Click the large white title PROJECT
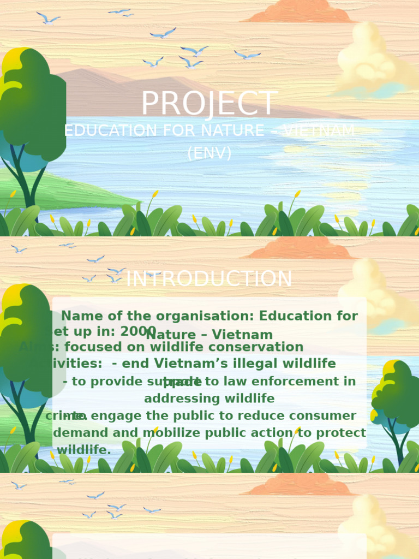click(209, 104)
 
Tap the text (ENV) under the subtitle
click(209, 153)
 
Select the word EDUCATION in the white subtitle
click(102, 131)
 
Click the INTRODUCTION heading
click(209, 279)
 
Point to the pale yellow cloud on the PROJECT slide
click(371, 63)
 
